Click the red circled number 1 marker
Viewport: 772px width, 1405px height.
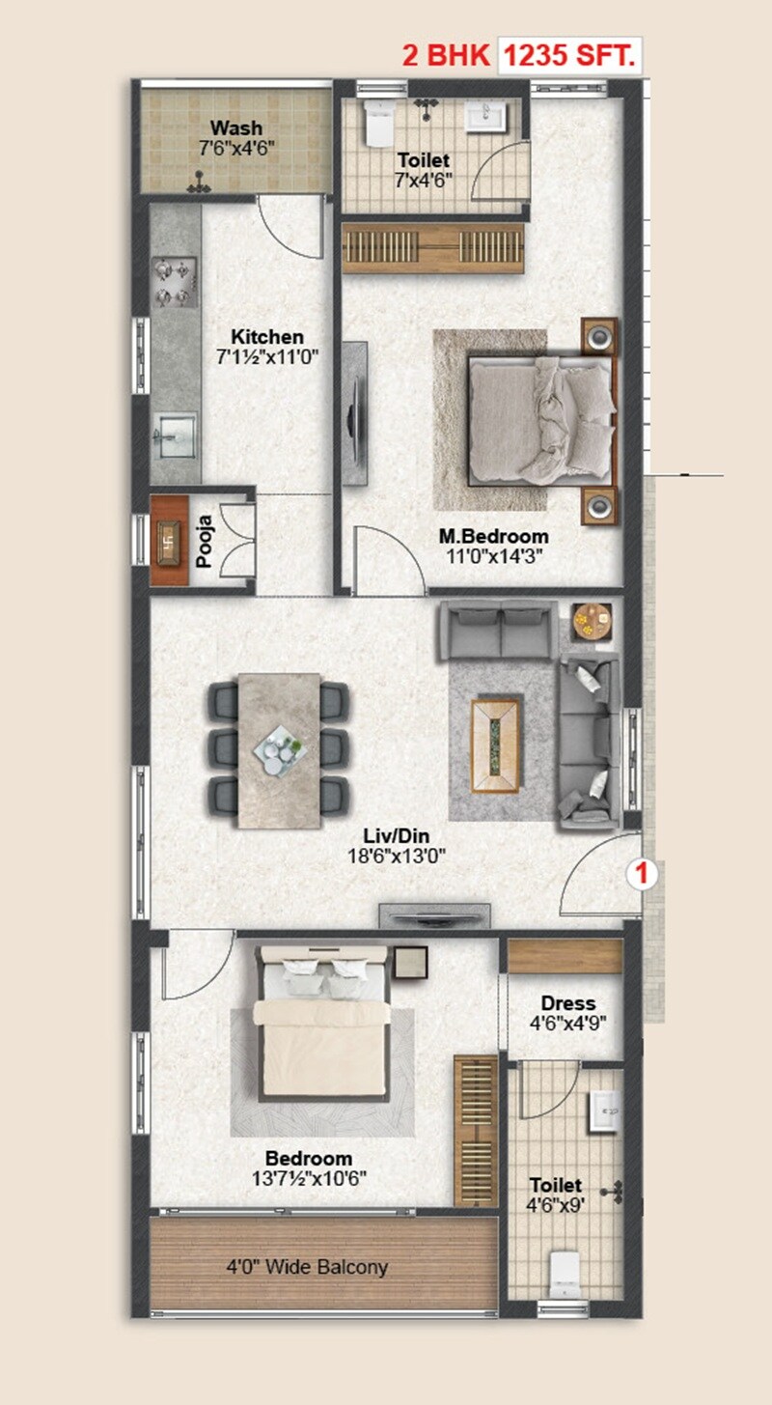(644, 875)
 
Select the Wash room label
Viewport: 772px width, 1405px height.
(235, 128)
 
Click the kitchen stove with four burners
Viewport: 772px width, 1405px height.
(175, 282)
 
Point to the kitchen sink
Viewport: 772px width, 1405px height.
(175, 431)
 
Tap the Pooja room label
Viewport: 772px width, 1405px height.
(204, 543)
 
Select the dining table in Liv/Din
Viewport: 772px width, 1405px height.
(280, 749)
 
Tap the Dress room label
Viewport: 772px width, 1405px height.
(567, 1003)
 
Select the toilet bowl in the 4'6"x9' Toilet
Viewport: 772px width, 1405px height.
(564, 1273)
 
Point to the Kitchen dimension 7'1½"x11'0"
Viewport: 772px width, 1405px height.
(267, 355)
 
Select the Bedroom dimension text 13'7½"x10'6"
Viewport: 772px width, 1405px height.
(309, 1178)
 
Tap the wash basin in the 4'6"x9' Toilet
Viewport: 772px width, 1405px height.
(606, 1110)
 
